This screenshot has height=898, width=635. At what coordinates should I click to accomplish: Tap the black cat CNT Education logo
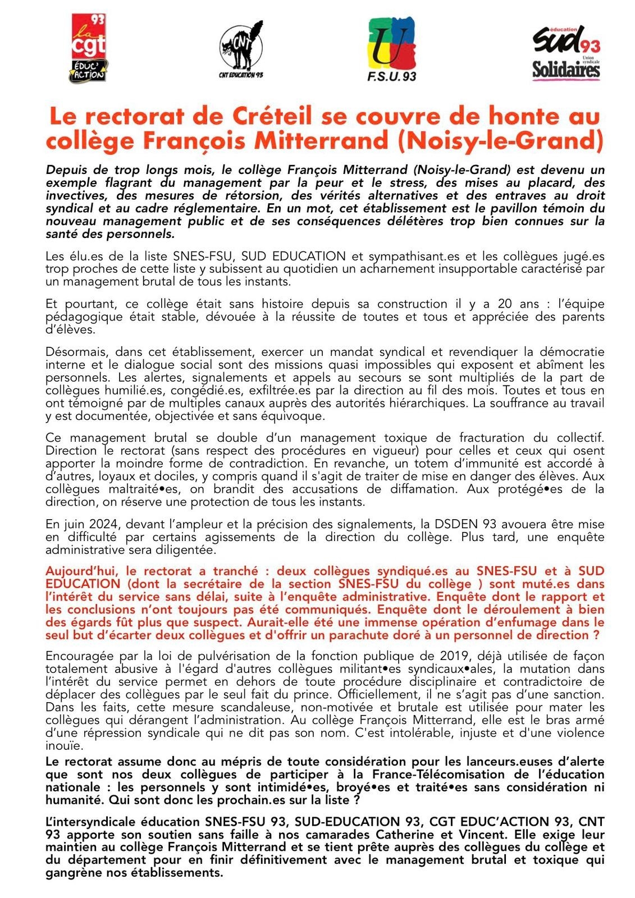241,49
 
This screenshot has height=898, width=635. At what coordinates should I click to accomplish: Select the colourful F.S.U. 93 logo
391,49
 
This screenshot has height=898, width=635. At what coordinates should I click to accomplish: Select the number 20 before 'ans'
505,304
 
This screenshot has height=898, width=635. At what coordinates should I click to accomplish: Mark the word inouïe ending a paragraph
64,746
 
